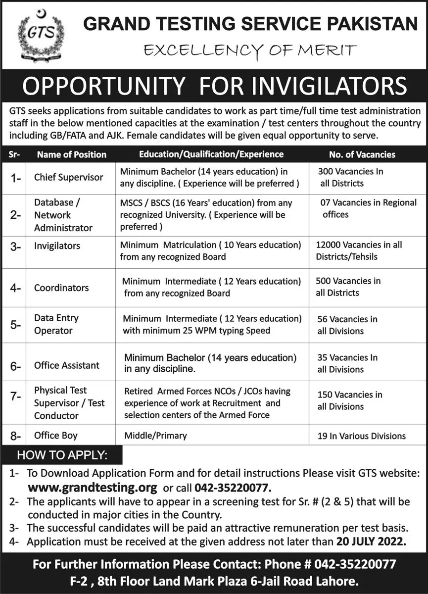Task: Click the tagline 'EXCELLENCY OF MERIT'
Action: pos(250,49)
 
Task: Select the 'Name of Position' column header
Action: pos(71,154)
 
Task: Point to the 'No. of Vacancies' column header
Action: pos(362,154)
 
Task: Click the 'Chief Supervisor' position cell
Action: pos(69,177)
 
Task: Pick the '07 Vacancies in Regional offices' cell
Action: pos(366,208)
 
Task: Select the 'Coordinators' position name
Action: pos(61,288)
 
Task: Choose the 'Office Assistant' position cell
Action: pos(67,365)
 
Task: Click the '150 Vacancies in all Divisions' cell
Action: pos(349,400)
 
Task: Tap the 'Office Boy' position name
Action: pos(56,436)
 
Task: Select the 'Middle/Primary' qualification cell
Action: pos(156,436)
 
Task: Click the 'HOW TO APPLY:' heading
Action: pos(62,454)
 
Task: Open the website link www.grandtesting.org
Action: pos(92,486)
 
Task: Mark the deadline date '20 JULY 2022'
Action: pos(369,542)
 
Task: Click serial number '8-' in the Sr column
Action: pos(15,436)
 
